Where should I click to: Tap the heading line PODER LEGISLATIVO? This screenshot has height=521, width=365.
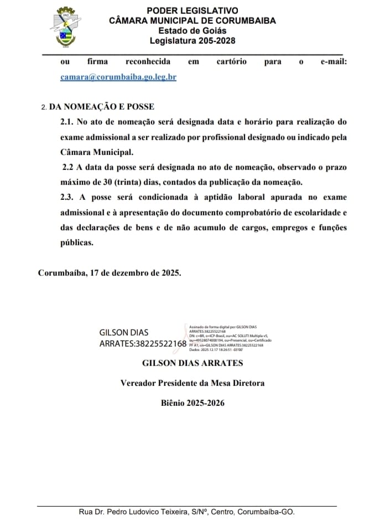pos(192,11)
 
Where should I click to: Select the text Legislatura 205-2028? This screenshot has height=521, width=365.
pos(192,40)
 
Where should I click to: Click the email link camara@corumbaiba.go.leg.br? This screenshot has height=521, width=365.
pos(118,78)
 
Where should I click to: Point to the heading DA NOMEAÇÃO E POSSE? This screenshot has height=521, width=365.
pos(102,107)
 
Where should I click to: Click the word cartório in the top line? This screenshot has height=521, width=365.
pos(231,62)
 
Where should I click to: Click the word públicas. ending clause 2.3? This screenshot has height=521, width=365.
pos(77,242)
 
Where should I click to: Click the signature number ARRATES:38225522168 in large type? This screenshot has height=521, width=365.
pos(143,344)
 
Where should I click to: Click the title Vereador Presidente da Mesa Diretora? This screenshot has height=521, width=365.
pos(192,383)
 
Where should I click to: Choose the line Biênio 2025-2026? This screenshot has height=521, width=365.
pos(192,403)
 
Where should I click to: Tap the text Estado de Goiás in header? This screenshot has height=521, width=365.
pos(192,30)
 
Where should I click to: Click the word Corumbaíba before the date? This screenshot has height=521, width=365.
pos(61,273)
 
